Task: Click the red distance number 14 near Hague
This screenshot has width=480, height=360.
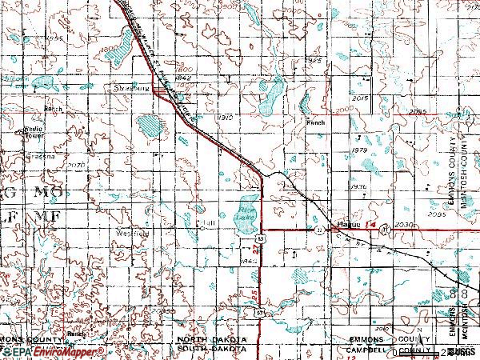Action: point(370,227)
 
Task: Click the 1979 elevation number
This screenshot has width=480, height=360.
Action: point(358,150)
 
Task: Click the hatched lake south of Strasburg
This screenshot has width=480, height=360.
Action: point(149,126)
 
